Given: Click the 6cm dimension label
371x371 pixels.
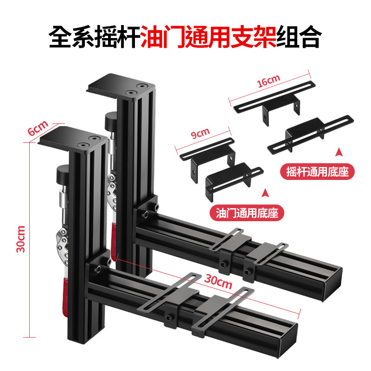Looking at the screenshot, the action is click(x=38, y=128).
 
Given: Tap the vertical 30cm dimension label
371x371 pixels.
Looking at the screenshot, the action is click(x=21, y=239).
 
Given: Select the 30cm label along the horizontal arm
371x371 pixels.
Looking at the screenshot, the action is click(x=218, y=281).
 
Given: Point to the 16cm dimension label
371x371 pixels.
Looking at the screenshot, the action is click(x=269, y=81).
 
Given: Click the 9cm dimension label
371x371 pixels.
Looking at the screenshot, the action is click(x=200, y=133).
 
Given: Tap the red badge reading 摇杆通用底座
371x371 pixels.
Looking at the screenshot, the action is click(x=317, y=172).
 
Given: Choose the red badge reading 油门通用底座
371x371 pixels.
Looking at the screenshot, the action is click(x=247, y=213).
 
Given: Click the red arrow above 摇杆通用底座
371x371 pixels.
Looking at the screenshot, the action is click(x=339, y=152).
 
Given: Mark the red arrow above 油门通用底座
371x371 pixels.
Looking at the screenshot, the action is click(x=265, y=193).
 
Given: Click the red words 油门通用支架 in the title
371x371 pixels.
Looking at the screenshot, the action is click(x=208, y=37).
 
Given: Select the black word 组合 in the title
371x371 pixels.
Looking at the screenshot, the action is click(x=299, y=37).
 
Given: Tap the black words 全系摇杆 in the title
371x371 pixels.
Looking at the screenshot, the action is click(x=95, y=37).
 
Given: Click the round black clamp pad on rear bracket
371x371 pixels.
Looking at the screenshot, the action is click(x=111, y=122).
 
